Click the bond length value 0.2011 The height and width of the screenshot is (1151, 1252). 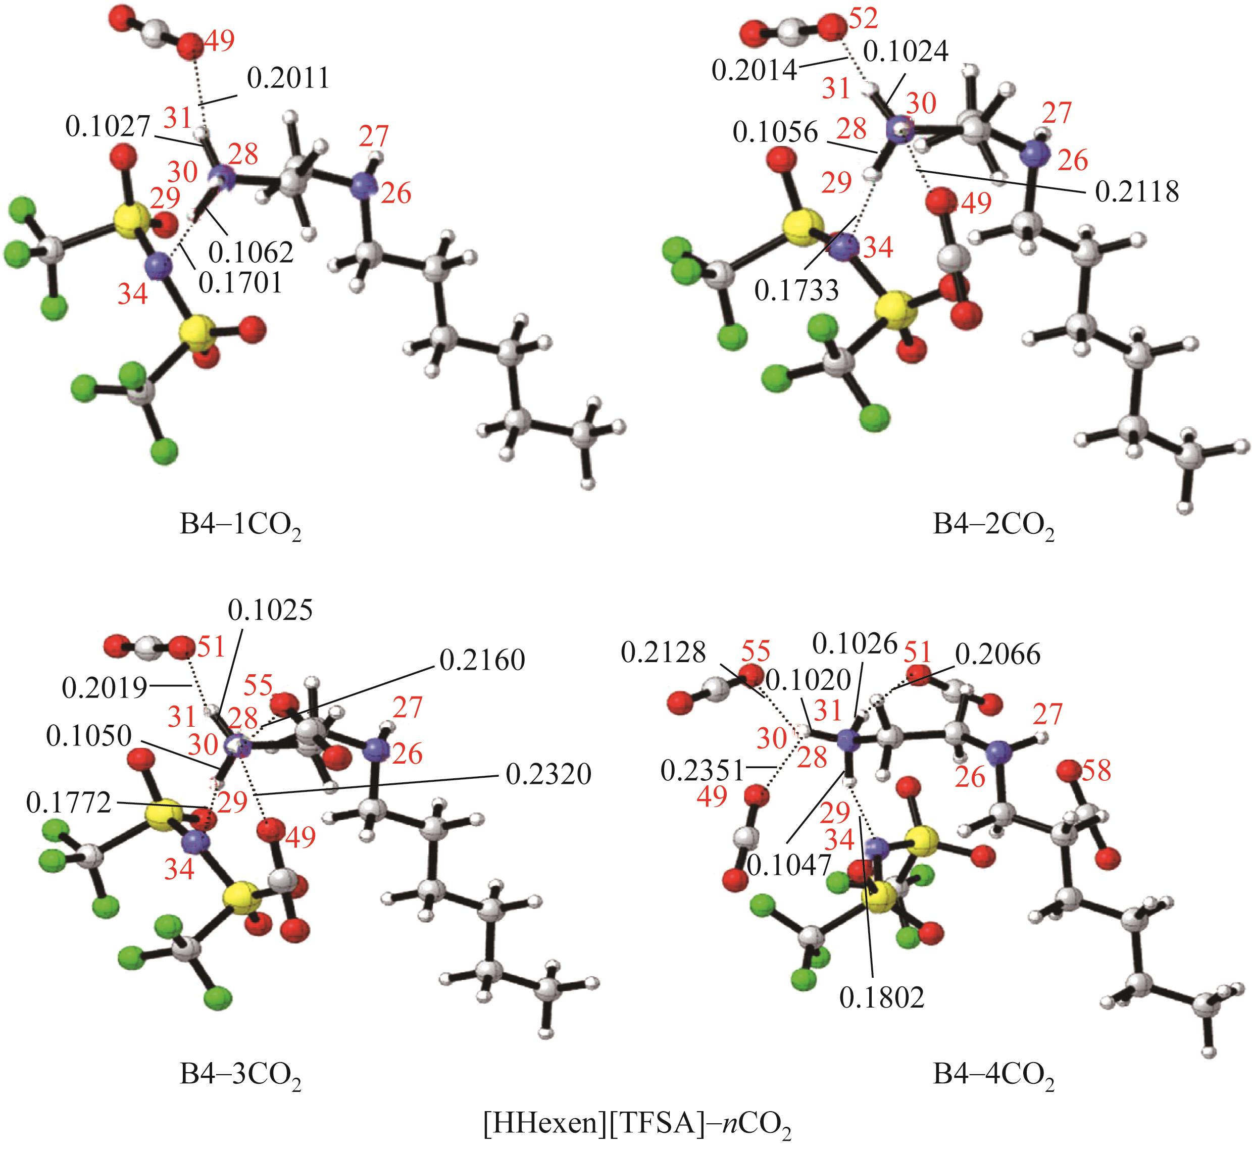click(x=288, y=79)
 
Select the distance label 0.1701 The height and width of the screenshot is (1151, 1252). click(x=240, y=283)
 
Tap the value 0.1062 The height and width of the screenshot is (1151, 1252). click(x=251, y=252)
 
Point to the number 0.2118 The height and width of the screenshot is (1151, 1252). click(x=1137, y=192)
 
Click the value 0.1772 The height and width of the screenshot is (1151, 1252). click(x=69, y=803)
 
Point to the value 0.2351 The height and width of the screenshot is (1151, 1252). click(x=703, y=771)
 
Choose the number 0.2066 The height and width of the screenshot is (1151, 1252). click(x=998, y=655)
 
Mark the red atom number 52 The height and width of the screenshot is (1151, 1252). click(x=863, y=20)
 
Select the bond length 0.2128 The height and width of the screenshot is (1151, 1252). click(x=664, y=652)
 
